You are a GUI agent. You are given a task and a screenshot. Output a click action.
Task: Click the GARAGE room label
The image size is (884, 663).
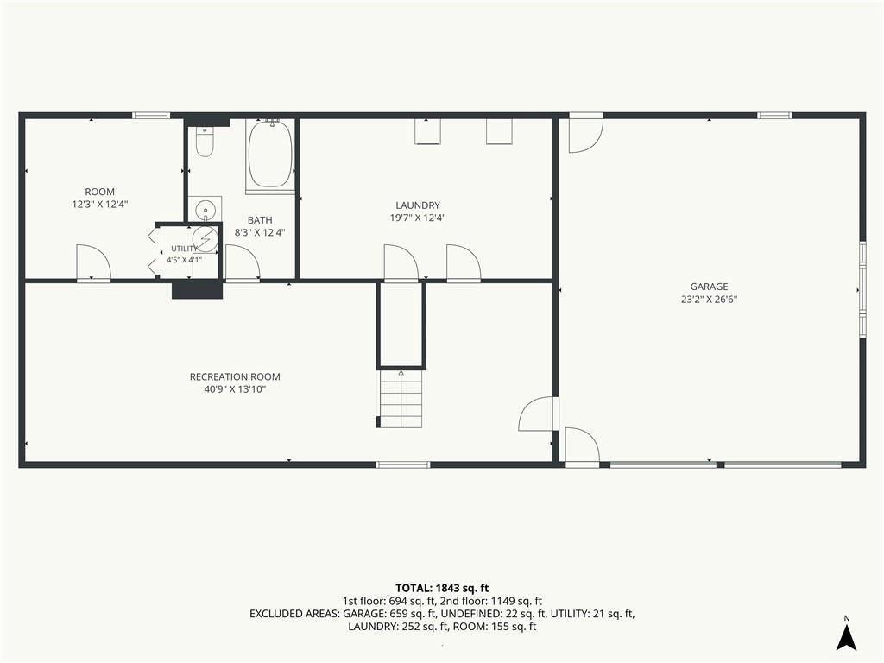pos(709,287)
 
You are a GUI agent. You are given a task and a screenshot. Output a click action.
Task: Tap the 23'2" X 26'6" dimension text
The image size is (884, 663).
pos(709,300)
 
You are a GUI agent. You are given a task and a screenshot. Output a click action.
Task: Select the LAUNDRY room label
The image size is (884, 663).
pos(418,205)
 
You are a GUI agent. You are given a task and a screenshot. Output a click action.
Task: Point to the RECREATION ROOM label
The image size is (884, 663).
pos(235,376)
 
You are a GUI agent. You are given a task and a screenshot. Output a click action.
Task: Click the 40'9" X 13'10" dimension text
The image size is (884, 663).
pos(235,389)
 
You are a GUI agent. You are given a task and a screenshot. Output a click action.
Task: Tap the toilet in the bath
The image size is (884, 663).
pos(205,142)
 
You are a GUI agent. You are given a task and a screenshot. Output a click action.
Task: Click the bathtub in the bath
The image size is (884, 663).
pos(270,154)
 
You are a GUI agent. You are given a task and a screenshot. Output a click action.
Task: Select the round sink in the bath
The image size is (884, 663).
pos(205,210)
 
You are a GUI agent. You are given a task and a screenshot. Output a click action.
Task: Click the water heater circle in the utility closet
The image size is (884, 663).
pos(205,239)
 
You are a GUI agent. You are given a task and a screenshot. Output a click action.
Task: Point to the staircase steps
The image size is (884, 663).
pos(401,397)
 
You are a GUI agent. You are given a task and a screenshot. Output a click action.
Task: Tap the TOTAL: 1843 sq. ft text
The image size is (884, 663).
pos(441,589)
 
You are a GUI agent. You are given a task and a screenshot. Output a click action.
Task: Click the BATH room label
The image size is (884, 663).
pos(260,220)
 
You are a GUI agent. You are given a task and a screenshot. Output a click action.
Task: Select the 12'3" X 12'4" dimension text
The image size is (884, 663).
pos(100,204)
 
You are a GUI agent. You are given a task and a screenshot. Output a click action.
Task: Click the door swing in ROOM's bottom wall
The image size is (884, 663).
pos(93,262)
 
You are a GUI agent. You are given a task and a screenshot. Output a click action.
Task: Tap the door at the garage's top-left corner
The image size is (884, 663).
pos(586,134)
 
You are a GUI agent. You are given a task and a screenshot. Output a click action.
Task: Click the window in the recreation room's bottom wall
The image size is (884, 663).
pos(403,464)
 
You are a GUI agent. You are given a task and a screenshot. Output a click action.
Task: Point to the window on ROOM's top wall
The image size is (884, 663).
pos(151,116)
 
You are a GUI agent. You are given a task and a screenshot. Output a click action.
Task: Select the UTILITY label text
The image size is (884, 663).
pos(185,249)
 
